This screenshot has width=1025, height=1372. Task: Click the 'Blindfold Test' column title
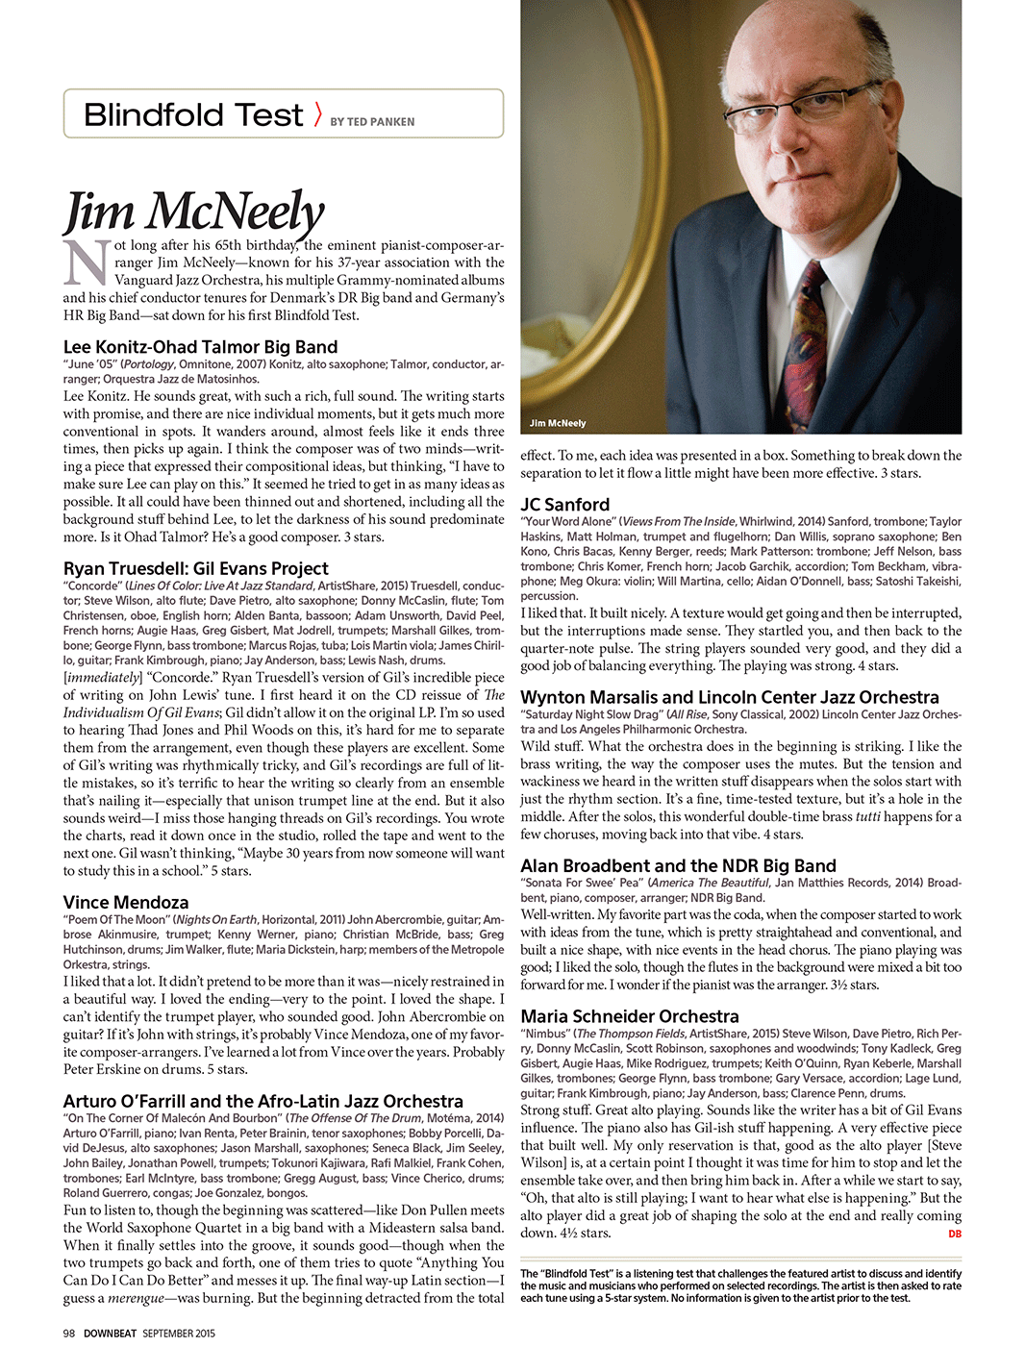[x=193, y=115]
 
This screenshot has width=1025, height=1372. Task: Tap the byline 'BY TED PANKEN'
[x=372, y=122]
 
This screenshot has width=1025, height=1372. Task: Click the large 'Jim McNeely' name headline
[x=194, y=212]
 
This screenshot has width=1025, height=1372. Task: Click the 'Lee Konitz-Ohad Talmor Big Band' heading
[x=200, y=347]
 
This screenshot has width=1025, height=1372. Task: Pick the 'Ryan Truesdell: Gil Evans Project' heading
[x=195, y=568]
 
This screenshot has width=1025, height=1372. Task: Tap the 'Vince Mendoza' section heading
[x=126, y=902]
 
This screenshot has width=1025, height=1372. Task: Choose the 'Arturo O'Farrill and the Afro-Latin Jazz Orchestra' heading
[x=262, y=1101]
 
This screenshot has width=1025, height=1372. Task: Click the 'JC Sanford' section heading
[x=564, y=504]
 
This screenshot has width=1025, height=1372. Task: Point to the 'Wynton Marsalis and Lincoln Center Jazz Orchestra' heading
[x=729, y=697]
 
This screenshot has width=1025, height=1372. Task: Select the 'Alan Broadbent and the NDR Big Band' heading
[x=678, y=865]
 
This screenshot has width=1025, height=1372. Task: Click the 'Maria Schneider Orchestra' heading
[x=629, y=1016]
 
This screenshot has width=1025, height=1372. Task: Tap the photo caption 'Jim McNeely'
[x=558, y=423]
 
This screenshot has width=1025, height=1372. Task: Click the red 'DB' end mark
[x=954, y=1234]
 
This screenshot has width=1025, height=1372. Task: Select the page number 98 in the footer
[x=69, y=1334]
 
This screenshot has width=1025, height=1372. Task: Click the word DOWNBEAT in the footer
[x=111, y=1334]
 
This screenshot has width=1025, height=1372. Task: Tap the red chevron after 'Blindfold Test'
[x=317, y=115]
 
